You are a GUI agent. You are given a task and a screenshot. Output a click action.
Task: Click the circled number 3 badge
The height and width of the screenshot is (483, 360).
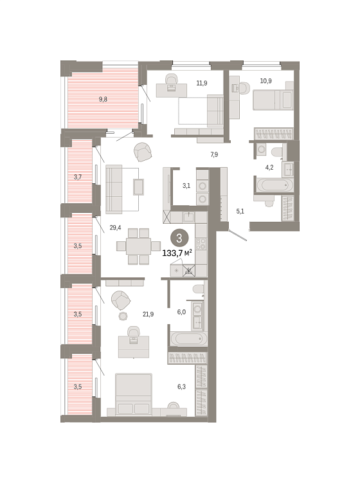[x=179, y=239]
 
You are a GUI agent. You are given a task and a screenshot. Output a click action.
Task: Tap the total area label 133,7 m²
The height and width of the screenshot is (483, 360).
[x=177, y=253]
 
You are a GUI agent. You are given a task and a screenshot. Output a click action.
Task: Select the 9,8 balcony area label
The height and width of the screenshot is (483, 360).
[x=103, y=99]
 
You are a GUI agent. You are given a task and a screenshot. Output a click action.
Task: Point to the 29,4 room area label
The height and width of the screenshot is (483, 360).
[x=115, y=228]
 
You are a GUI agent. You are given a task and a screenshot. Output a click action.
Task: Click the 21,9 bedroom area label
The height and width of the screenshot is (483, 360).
[x=148, y=314]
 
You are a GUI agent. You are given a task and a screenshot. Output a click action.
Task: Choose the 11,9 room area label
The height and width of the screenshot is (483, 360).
[x=202, y=83]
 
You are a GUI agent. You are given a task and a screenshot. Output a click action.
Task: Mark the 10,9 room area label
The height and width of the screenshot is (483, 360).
[x=265, y=81]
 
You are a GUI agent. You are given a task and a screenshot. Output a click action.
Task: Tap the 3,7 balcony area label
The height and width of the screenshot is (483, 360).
[x=78, y=177]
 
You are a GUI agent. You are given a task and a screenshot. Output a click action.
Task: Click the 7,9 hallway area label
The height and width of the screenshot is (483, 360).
[x=214, y=154]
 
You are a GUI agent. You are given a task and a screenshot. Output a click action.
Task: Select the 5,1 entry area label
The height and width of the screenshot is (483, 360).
[x=240, y=212]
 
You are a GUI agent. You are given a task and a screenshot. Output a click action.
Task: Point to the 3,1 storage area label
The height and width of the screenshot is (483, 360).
[x=186, y=186]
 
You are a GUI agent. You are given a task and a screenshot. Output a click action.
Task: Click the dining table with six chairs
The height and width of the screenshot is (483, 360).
[x=139, y=246]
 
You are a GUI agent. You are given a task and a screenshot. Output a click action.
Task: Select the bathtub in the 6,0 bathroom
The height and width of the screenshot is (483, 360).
[x=188, y=339]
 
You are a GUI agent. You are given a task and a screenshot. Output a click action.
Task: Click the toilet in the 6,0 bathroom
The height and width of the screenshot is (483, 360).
[x=199, y=289]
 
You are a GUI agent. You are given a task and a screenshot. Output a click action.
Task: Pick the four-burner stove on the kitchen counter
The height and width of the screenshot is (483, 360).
[x=201, y=243]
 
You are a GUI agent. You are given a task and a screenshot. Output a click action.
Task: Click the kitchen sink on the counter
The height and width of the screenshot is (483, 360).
[x=188, y=217]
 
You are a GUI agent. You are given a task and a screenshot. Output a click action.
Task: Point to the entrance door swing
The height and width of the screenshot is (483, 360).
[x=237, y=235]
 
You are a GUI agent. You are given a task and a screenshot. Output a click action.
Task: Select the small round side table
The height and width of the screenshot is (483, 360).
[x=123, y=316]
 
